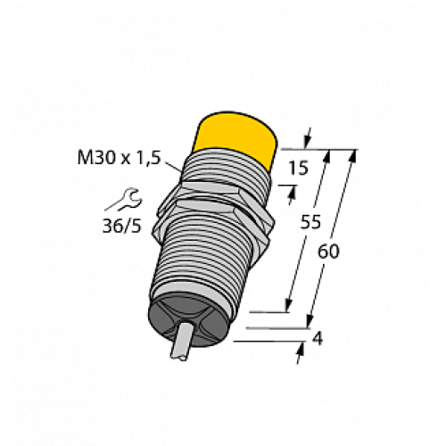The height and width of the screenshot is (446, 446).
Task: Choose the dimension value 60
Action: point(328,252)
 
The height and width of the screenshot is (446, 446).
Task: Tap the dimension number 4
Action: point(316,339)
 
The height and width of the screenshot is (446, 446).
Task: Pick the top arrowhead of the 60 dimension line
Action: point(353,154)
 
